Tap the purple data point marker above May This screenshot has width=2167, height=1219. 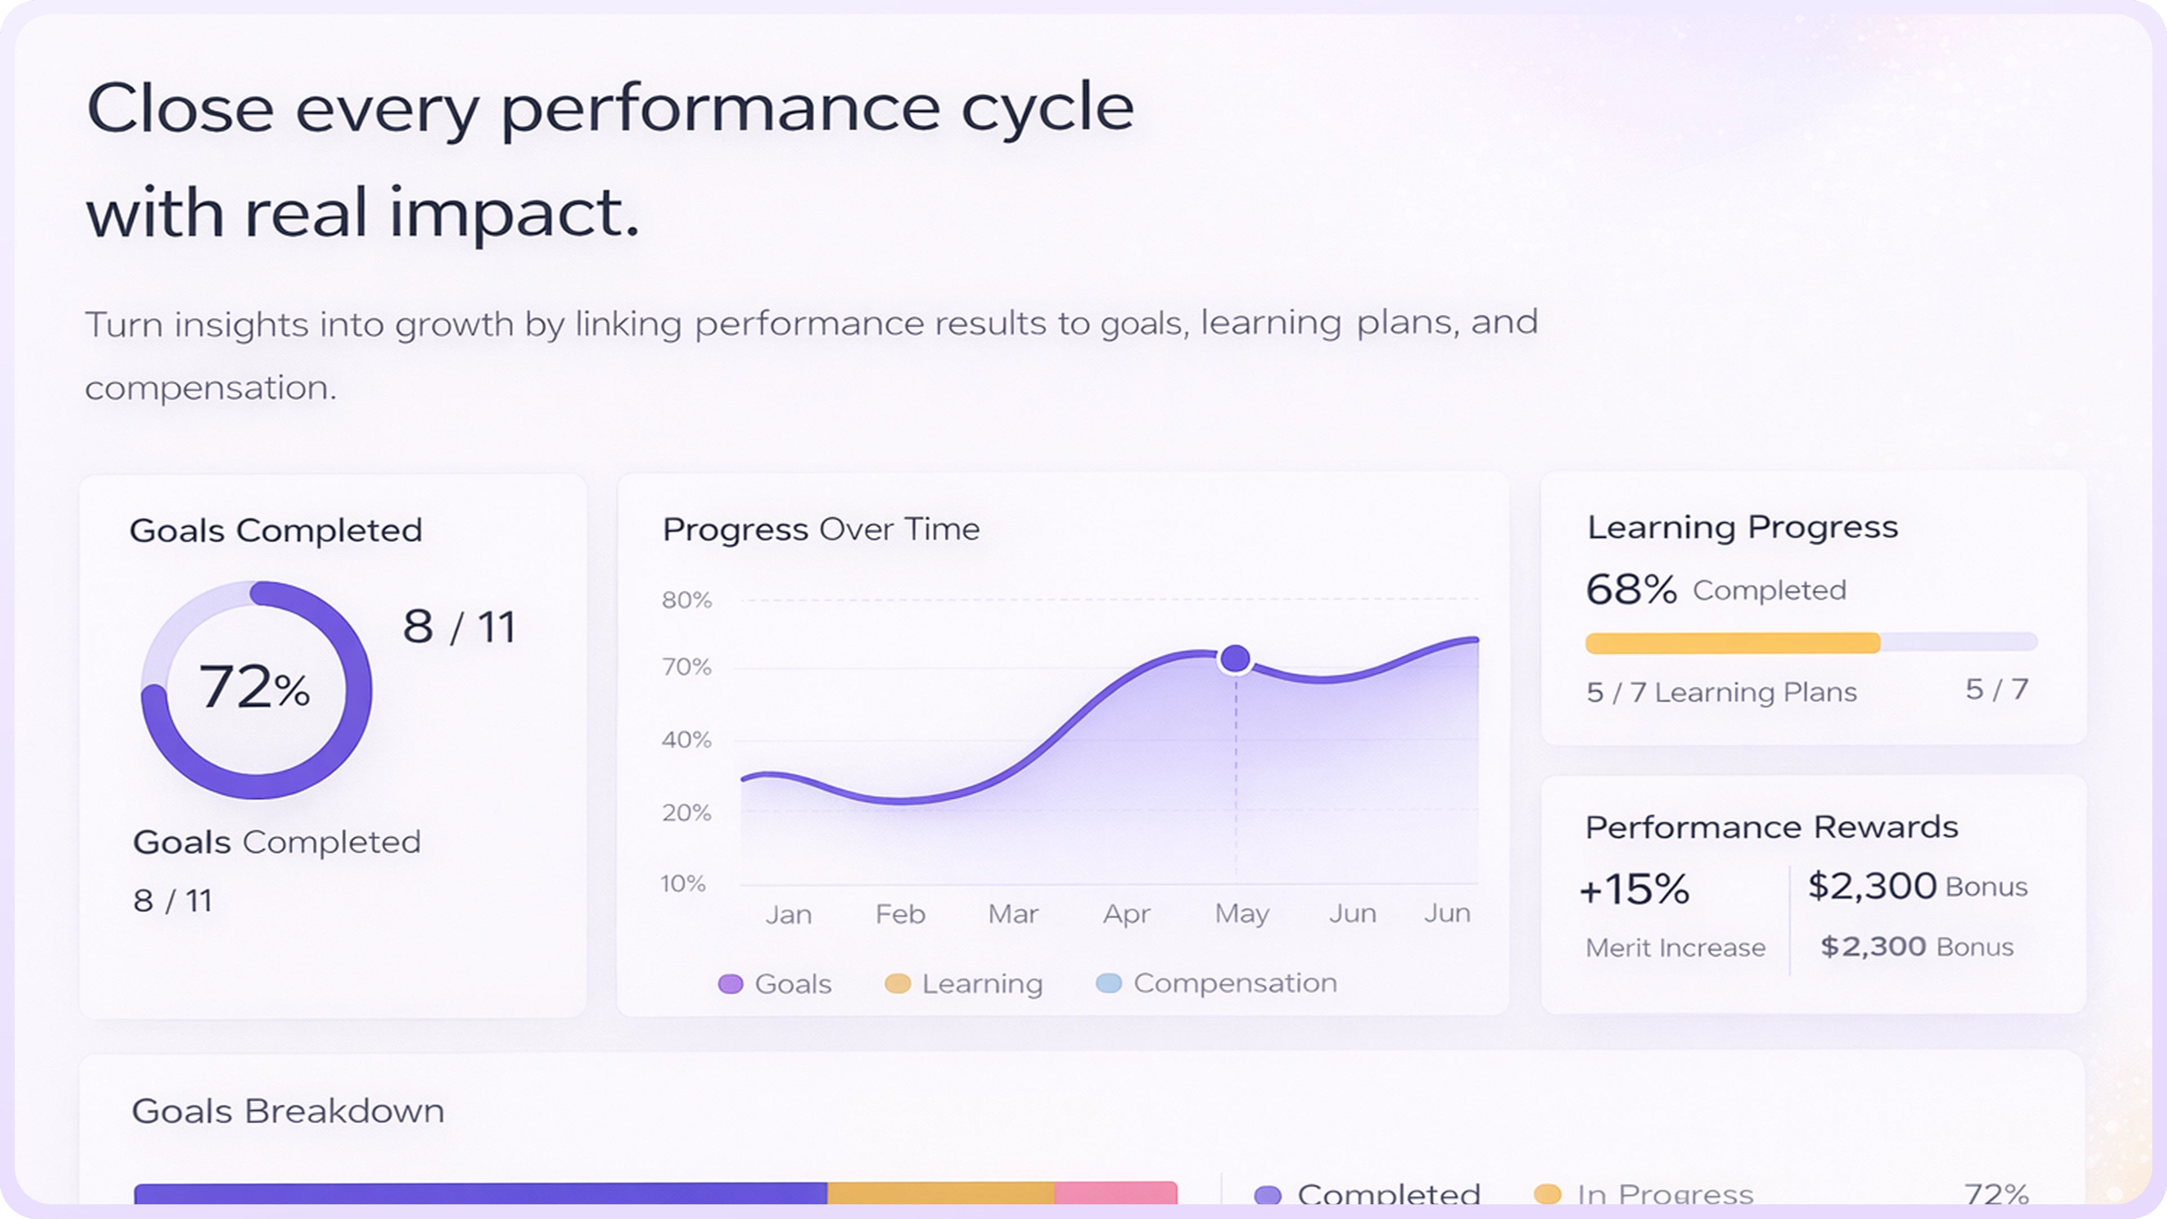pyautogui.click(x=1235, y=659)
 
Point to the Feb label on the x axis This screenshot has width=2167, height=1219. pyautogui.click(x=900, y=914)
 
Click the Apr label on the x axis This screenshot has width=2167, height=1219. pyautogui.click(x=1126, y=914)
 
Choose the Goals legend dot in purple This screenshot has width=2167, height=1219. pyautogui.click(x=730, y=984)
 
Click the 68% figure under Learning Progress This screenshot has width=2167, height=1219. pyautogui.click(x=1630, y=590)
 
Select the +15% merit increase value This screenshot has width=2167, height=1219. pyautogui.click(x=1634, y=889)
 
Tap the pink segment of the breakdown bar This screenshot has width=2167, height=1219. pyautogui.click(x=1116, y=1194)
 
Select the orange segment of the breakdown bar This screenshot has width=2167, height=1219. pyautogui.click(x=941, y=1194)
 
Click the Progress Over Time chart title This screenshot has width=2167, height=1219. pyautogui.click(x=820, y=530)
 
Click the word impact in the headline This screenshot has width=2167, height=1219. pyautogui.click(x=514, y=213)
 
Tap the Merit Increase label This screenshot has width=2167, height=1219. pyautogui.click(x=1675, y=949)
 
